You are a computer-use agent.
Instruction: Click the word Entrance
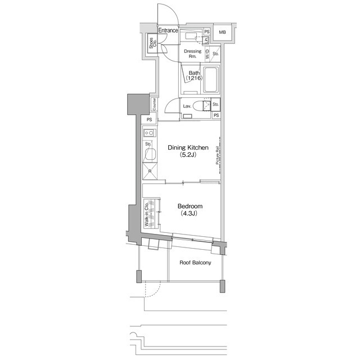(168, 30)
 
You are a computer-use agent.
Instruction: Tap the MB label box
(222, 33)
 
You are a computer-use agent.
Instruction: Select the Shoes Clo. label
(151, 43)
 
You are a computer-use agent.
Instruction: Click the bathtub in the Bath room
(211, 80)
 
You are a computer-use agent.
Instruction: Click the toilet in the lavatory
(202, 106)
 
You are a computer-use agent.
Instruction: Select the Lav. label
(188, 106)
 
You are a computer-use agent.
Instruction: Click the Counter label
(153, 104)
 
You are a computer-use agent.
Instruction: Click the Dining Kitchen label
(188, 148)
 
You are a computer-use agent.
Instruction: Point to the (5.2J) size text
(188, 155)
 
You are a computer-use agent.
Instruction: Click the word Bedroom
(190, 206)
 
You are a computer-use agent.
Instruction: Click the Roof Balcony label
(195, 262)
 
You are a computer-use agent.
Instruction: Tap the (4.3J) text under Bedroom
(190, 214)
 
